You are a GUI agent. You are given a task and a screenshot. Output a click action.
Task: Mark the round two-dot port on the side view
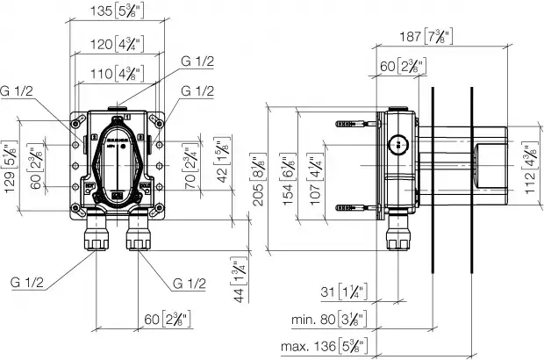(398, 144)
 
